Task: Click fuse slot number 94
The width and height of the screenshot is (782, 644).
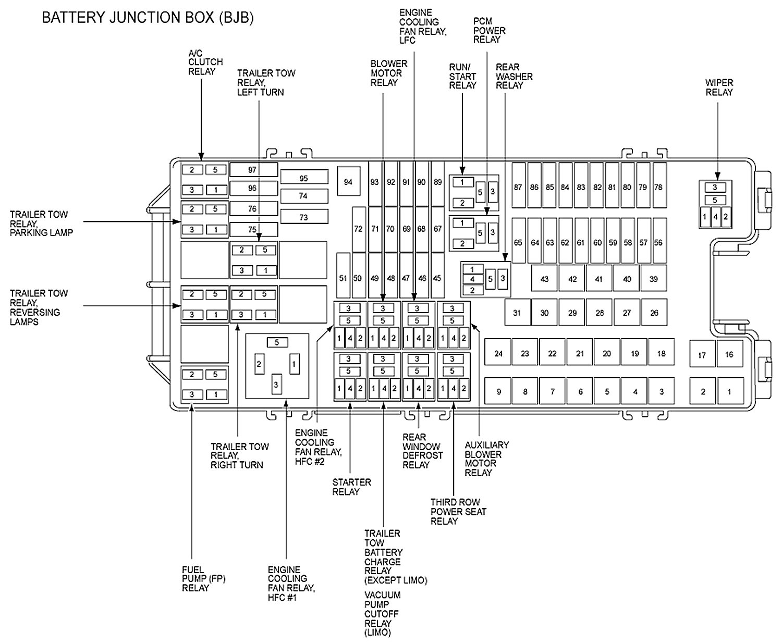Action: coord(348,182)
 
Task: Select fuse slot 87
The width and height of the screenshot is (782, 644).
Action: coord(518,187)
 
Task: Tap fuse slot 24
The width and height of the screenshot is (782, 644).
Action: coord(498,354)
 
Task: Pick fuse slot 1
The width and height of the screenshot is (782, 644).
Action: coord(729,391)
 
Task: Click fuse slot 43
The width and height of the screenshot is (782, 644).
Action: coord(544,279)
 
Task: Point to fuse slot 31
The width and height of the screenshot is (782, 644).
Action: coord(517,313)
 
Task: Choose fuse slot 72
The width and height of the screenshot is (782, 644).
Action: coord(358,229)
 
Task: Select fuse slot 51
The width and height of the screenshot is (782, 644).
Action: coord(343,278)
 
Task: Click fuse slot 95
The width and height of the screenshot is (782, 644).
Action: coord(303,178)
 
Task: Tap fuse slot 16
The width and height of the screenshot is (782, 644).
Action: coord(729,354)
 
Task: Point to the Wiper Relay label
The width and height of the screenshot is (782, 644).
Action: coord(719,88)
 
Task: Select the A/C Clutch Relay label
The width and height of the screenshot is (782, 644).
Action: coord(205,62)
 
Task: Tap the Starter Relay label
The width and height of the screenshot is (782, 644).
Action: coord(351,487)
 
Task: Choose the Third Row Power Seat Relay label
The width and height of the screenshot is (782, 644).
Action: coord(458,511)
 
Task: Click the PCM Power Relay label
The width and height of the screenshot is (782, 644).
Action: coord(489,30)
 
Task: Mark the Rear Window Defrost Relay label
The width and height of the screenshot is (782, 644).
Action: coord(422,451)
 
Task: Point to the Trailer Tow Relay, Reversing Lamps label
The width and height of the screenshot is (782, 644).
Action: coord(39,307)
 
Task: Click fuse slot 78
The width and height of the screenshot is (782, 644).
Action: coord(658,187)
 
